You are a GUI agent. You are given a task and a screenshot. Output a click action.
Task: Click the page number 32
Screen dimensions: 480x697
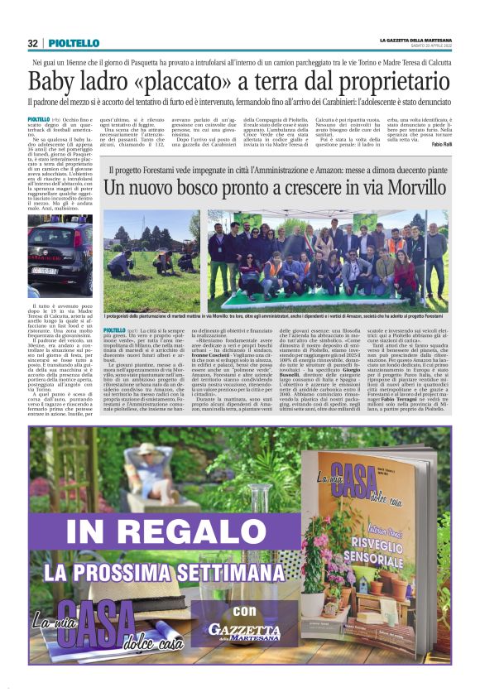[x=32, y=43]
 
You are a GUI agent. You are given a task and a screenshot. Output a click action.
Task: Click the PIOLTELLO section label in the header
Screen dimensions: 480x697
[x=74, y=43]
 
